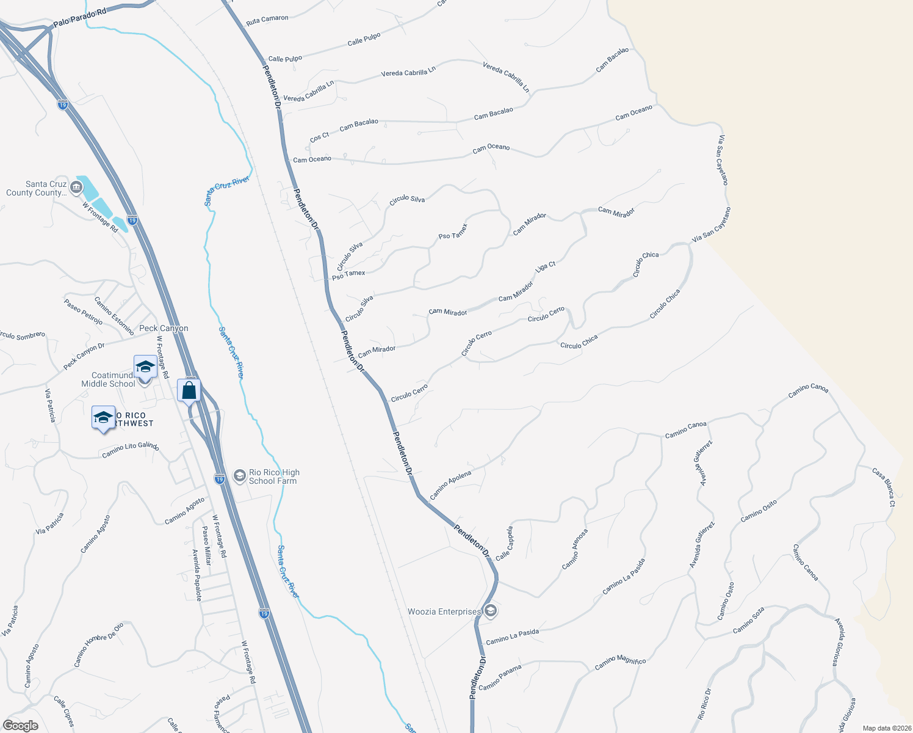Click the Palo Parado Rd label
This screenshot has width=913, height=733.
pos(79,17)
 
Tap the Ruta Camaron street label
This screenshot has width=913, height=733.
pos(267,20)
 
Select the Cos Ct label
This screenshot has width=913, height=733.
pos(319,137)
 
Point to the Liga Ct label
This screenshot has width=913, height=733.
pos(545,267)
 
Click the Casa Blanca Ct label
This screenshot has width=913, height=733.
pos(883,487)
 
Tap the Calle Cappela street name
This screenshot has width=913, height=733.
pos(504,544)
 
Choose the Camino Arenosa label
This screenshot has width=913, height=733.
pos(575,549)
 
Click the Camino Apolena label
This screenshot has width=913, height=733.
pos(450,485)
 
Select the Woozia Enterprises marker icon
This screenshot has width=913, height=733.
pos(491,611)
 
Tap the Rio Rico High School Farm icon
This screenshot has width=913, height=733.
pos(240,475)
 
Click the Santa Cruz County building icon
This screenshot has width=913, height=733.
pos(76,188)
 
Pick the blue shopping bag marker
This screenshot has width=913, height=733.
pos(189,390)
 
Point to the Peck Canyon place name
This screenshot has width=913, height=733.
pos(164,328)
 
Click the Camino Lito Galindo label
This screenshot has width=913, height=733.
pos(131,450)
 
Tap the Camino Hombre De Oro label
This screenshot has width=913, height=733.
pos(98,644)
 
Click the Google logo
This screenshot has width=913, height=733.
pos(20,726)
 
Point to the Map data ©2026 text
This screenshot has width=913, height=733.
pos(884,728)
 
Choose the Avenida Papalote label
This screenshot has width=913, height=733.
pos(197,575)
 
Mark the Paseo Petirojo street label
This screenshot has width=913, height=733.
pos(83,311)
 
